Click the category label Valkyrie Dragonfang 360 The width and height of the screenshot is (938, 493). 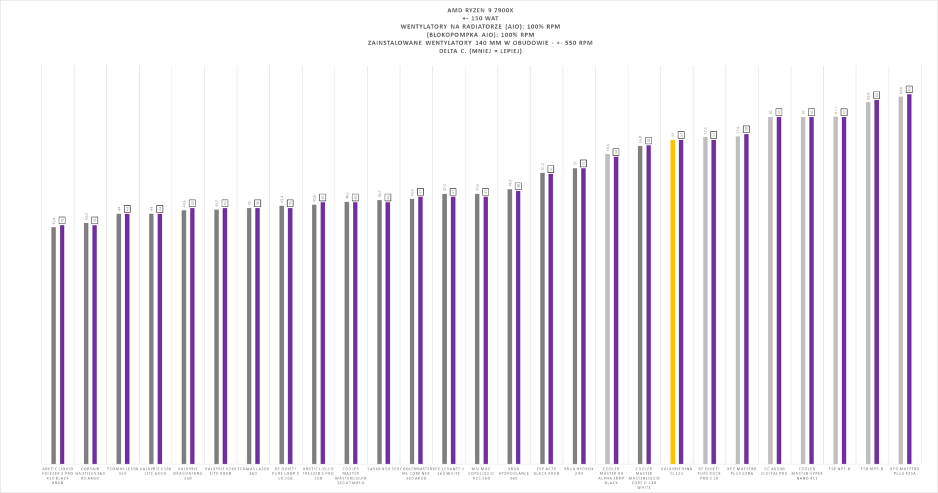coord(188,474)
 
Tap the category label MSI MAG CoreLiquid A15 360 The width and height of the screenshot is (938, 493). coord(481,474)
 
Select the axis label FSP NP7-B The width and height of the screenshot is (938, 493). coord(840,469)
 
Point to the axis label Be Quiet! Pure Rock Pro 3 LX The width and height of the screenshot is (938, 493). coord(709,474)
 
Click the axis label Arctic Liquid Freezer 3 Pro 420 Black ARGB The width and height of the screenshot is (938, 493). coord(57,476)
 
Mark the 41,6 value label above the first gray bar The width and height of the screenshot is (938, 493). coord(54,221)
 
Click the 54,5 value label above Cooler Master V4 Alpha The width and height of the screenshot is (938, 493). coord(608,148)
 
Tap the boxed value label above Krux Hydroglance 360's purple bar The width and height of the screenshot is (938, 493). coord(518,186)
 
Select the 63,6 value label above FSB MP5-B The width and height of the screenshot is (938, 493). coord(868,96)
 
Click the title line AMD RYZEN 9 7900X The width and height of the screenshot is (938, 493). coord(480,10)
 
